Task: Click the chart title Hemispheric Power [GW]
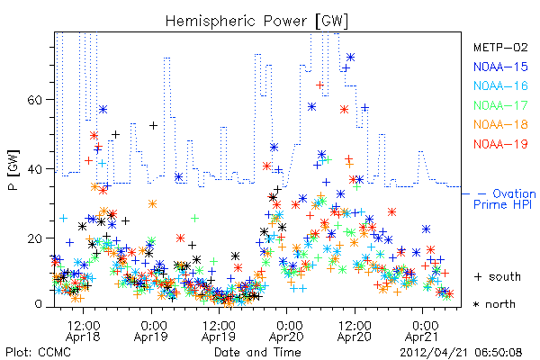(256, 22)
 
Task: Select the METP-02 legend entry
(500, 47)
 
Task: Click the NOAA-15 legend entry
(500, 67)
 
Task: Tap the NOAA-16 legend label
(500, 85)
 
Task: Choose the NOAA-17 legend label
(500, 105)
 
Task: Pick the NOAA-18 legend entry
(500, 124)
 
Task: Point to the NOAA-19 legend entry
(500, 144)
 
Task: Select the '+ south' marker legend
(498, 276)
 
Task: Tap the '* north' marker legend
(494, 304)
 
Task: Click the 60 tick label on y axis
(34, 100)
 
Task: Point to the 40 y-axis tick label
(34, 169)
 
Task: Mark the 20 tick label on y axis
(34, 238)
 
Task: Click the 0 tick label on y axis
(38, 304)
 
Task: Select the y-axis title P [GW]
(13, 170)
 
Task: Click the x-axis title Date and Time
(257, 352)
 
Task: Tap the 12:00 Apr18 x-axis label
(83, 331)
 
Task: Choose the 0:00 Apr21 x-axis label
(423, 331)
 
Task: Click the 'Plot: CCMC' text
(38, 352)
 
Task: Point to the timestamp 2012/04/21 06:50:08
(461, 353)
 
